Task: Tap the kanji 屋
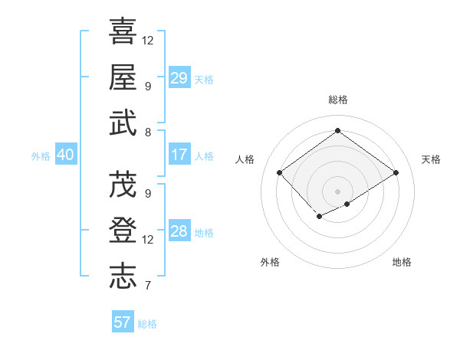pos(123,77)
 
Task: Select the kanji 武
pos(123,123)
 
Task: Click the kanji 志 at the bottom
pos(123,277)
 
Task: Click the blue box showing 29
pos(179,78)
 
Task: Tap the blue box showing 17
pos(179,155)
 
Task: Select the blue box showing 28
pos(179,231)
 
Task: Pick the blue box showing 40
pos(65,155)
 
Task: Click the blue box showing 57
pos(123,322)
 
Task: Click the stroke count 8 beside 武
pos(147,133)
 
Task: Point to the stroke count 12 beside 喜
pos(148,40)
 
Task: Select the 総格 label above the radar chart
pos(337,100)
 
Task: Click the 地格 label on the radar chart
pos(402,263)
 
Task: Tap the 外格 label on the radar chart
pos(270,263)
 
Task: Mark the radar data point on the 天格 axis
pos(396,173)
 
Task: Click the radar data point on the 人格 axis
pos(280,173)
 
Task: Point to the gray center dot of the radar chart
pos(337,191)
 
